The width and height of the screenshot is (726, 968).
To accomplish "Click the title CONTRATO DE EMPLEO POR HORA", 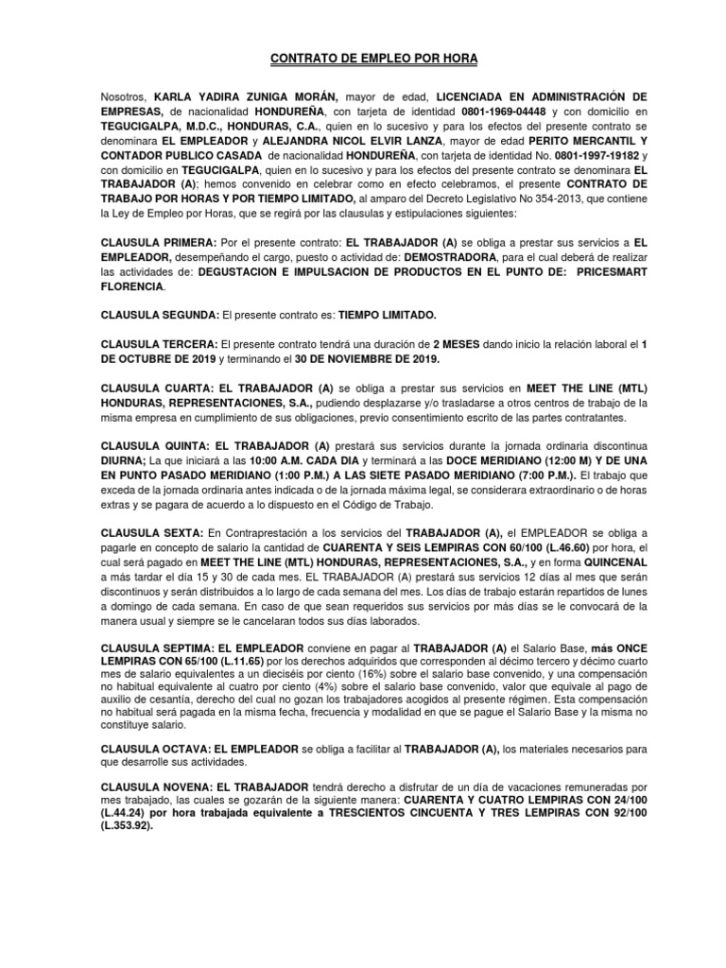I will [x=362, y=60].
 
